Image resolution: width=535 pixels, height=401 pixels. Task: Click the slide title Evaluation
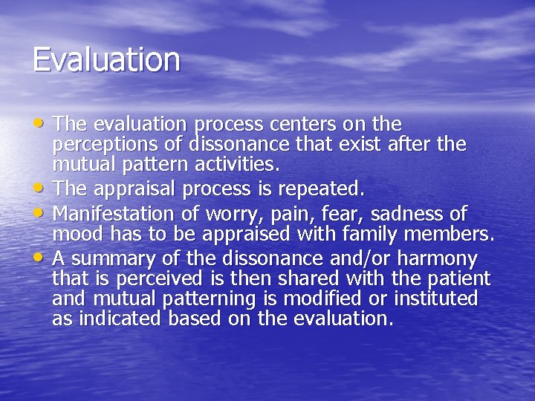(106, 60)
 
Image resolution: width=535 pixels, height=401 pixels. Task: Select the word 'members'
(451, 234)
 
